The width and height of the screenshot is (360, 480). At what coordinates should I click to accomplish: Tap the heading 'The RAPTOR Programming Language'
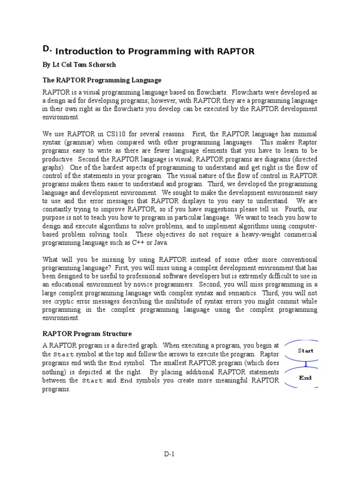pyautogui.click(x=102, y=80)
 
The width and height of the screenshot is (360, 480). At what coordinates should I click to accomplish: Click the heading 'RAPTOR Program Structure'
pyautogui.click(x=87, y=334)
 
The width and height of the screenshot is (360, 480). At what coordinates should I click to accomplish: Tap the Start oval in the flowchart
pyautogui.click(x=305, y=351)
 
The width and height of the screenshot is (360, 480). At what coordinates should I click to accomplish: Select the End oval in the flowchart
pyautogui.click(x=305, y=377)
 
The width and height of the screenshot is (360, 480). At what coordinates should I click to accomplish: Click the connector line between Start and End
pyautogui.click(x=305, y=364)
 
